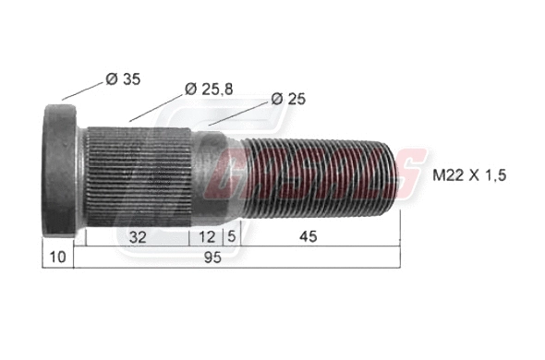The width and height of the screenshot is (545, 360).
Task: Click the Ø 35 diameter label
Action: pyautogui.click(x=123, y=79)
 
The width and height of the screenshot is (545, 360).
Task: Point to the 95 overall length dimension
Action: pyautogui.click(x=213, y=259)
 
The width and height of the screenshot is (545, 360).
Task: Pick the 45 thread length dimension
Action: pyautogui.click(x=308, y=237)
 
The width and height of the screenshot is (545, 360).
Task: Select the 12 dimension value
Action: pyautogui.click(x=207, y=237)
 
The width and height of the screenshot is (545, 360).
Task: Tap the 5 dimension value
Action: pyautogui.click(x=231, y=237)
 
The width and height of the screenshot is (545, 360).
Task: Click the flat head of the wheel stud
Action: pyautogui.click(x=61, y=171)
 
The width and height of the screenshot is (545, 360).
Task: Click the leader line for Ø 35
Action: pyautogui.click(x=80, y=90)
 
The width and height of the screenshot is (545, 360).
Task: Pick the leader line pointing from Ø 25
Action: pyautogui.click(x=236, y=112)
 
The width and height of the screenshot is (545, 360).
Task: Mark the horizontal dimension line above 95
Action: pyautogui.click(x=231, y=246)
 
